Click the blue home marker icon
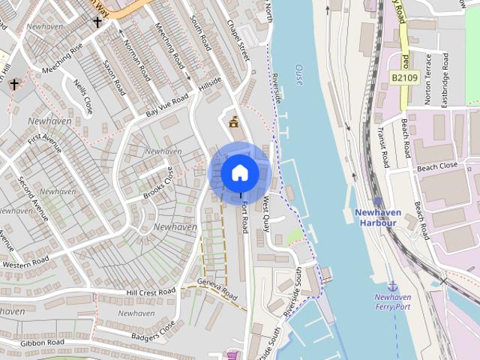coord(240,172)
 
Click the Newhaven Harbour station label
coord(377,217)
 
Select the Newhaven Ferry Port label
coord(393,301)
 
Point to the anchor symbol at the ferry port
coord(392,286)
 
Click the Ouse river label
coord(298,74)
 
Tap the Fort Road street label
coord(244,217)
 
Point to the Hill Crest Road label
coord(151,292)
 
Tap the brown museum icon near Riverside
coord(234,121)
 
